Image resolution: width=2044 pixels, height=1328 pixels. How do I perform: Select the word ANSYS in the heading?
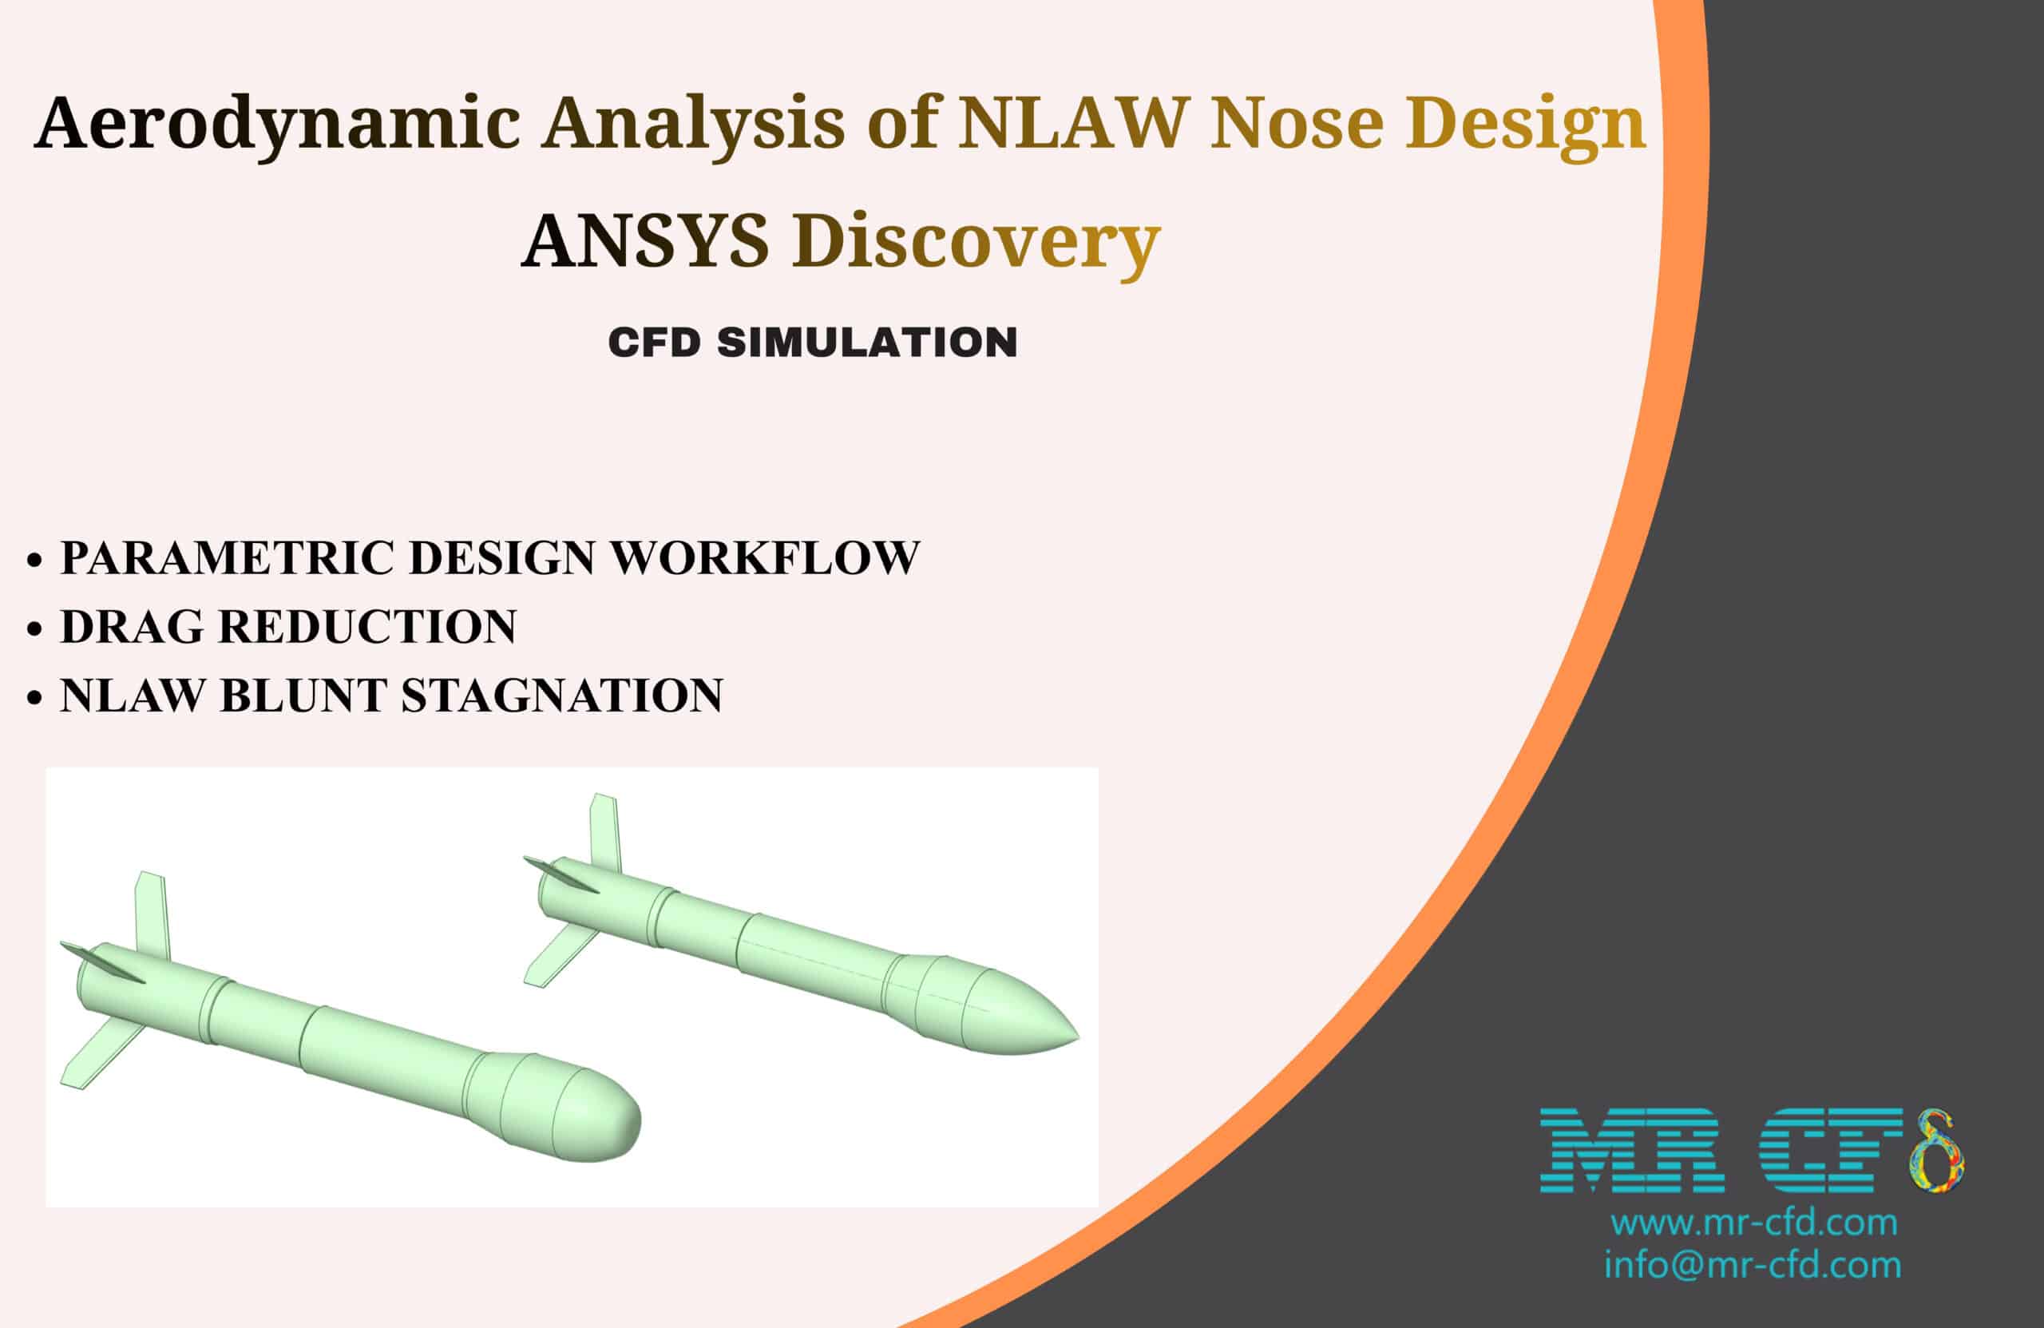[645, 240]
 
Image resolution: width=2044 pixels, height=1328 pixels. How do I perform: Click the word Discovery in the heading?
[976, 242]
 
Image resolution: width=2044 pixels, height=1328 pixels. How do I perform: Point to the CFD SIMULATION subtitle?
[813, 343]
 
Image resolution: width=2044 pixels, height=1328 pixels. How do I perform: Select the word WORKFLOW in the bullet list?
[764, 558]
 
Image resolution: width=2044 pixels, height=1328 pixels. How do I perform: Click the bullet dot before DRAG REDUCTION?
[34, 628]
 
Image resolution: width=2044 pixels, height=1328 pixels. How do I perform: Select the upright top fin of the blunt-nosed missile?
[152, 915]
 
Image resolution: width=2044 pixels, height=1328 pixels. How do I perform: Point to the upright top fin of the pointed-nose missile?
[604, 832]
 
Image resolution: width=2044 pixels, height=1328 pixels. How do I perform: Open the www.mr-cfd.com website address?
[1753, 1223]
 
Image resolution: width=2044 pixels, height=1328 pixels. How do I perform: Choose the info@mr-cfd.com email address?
[1752, 1265]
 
